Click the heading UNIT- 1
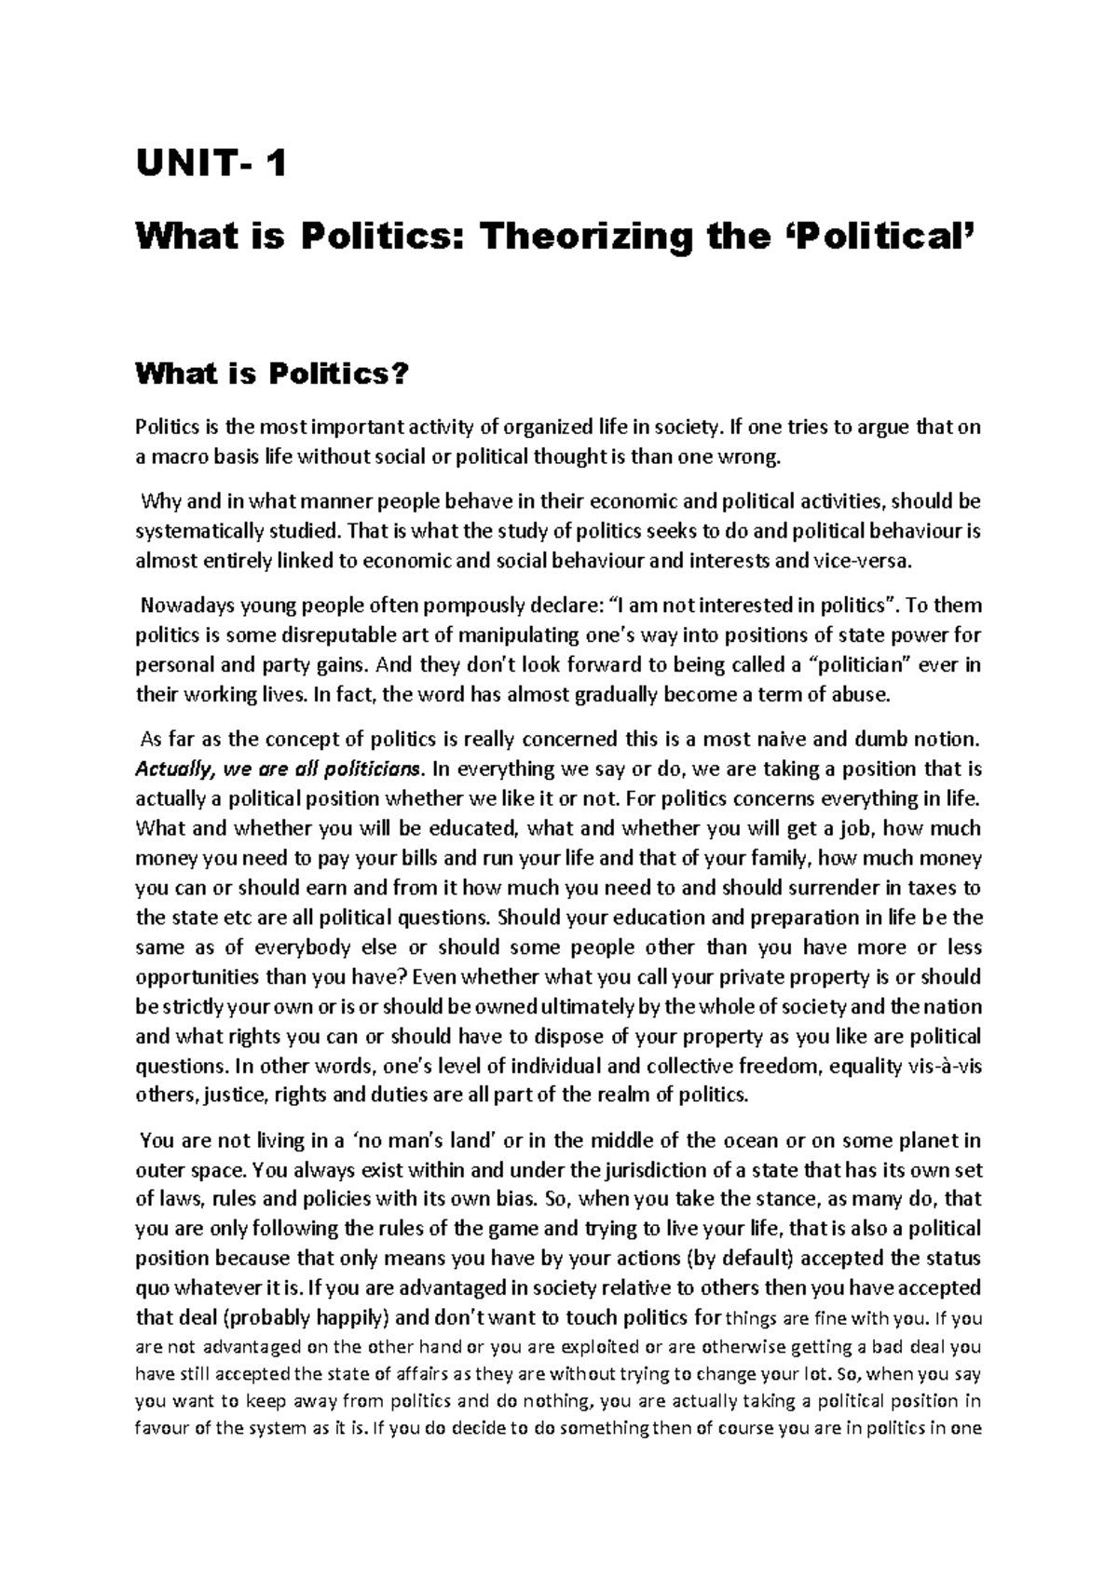tap(211, 167)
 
